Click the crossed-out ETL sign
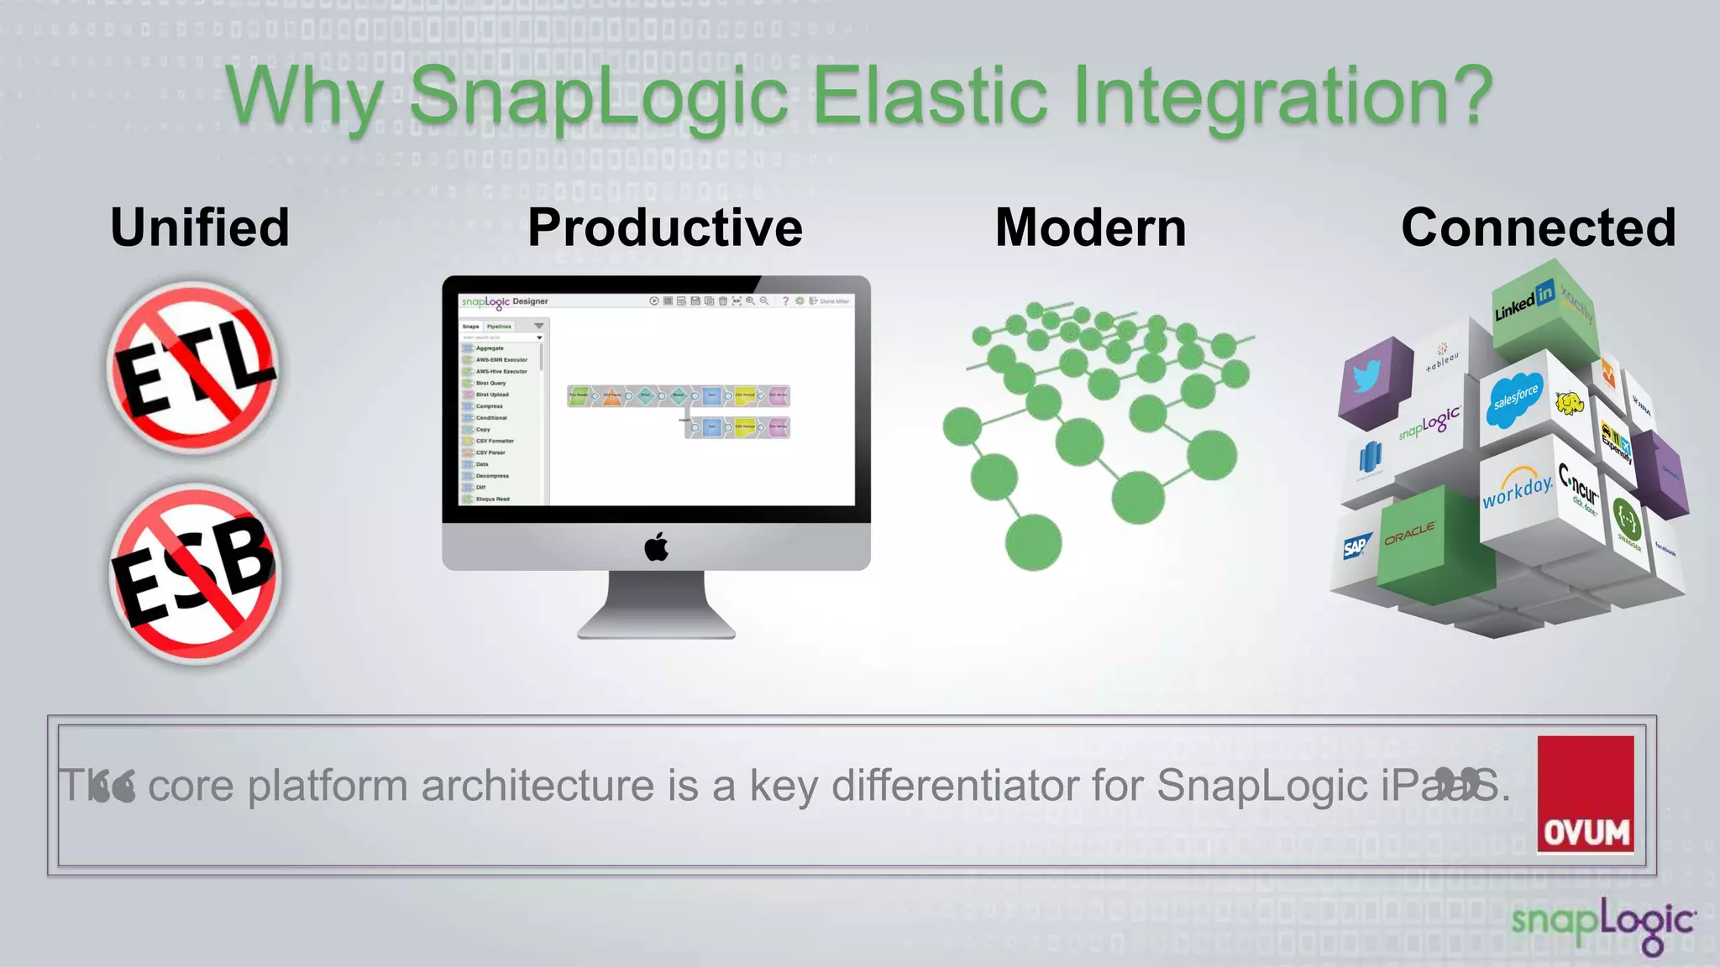click(x=193, y=368)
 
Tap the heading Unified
click(x=200, y=227)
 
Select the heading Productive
click(x=665, y=227)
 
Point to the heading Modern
click(x=1090, y=227)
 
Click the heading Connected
click(x=1538, y=227)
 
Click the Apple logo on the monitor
click(x=657, y=546)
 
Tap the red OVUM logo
click(x=1586, y=794)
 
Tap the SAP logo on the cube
click(x=1356, y=547)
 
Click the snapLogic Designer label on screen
click(x=505, y=301)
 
